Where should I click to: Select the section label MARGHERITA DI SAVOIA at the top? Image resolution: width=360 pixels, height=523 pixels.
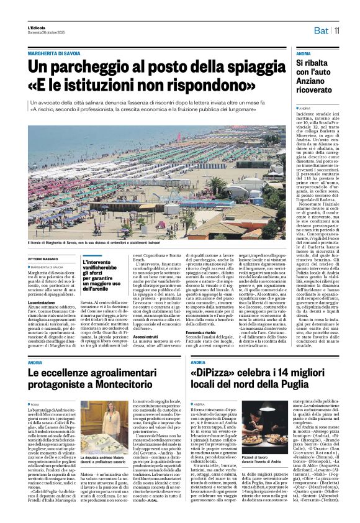[58, 54]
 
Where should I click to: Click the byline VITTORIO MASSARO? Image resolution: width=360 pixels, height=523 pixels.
[43, 259]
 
